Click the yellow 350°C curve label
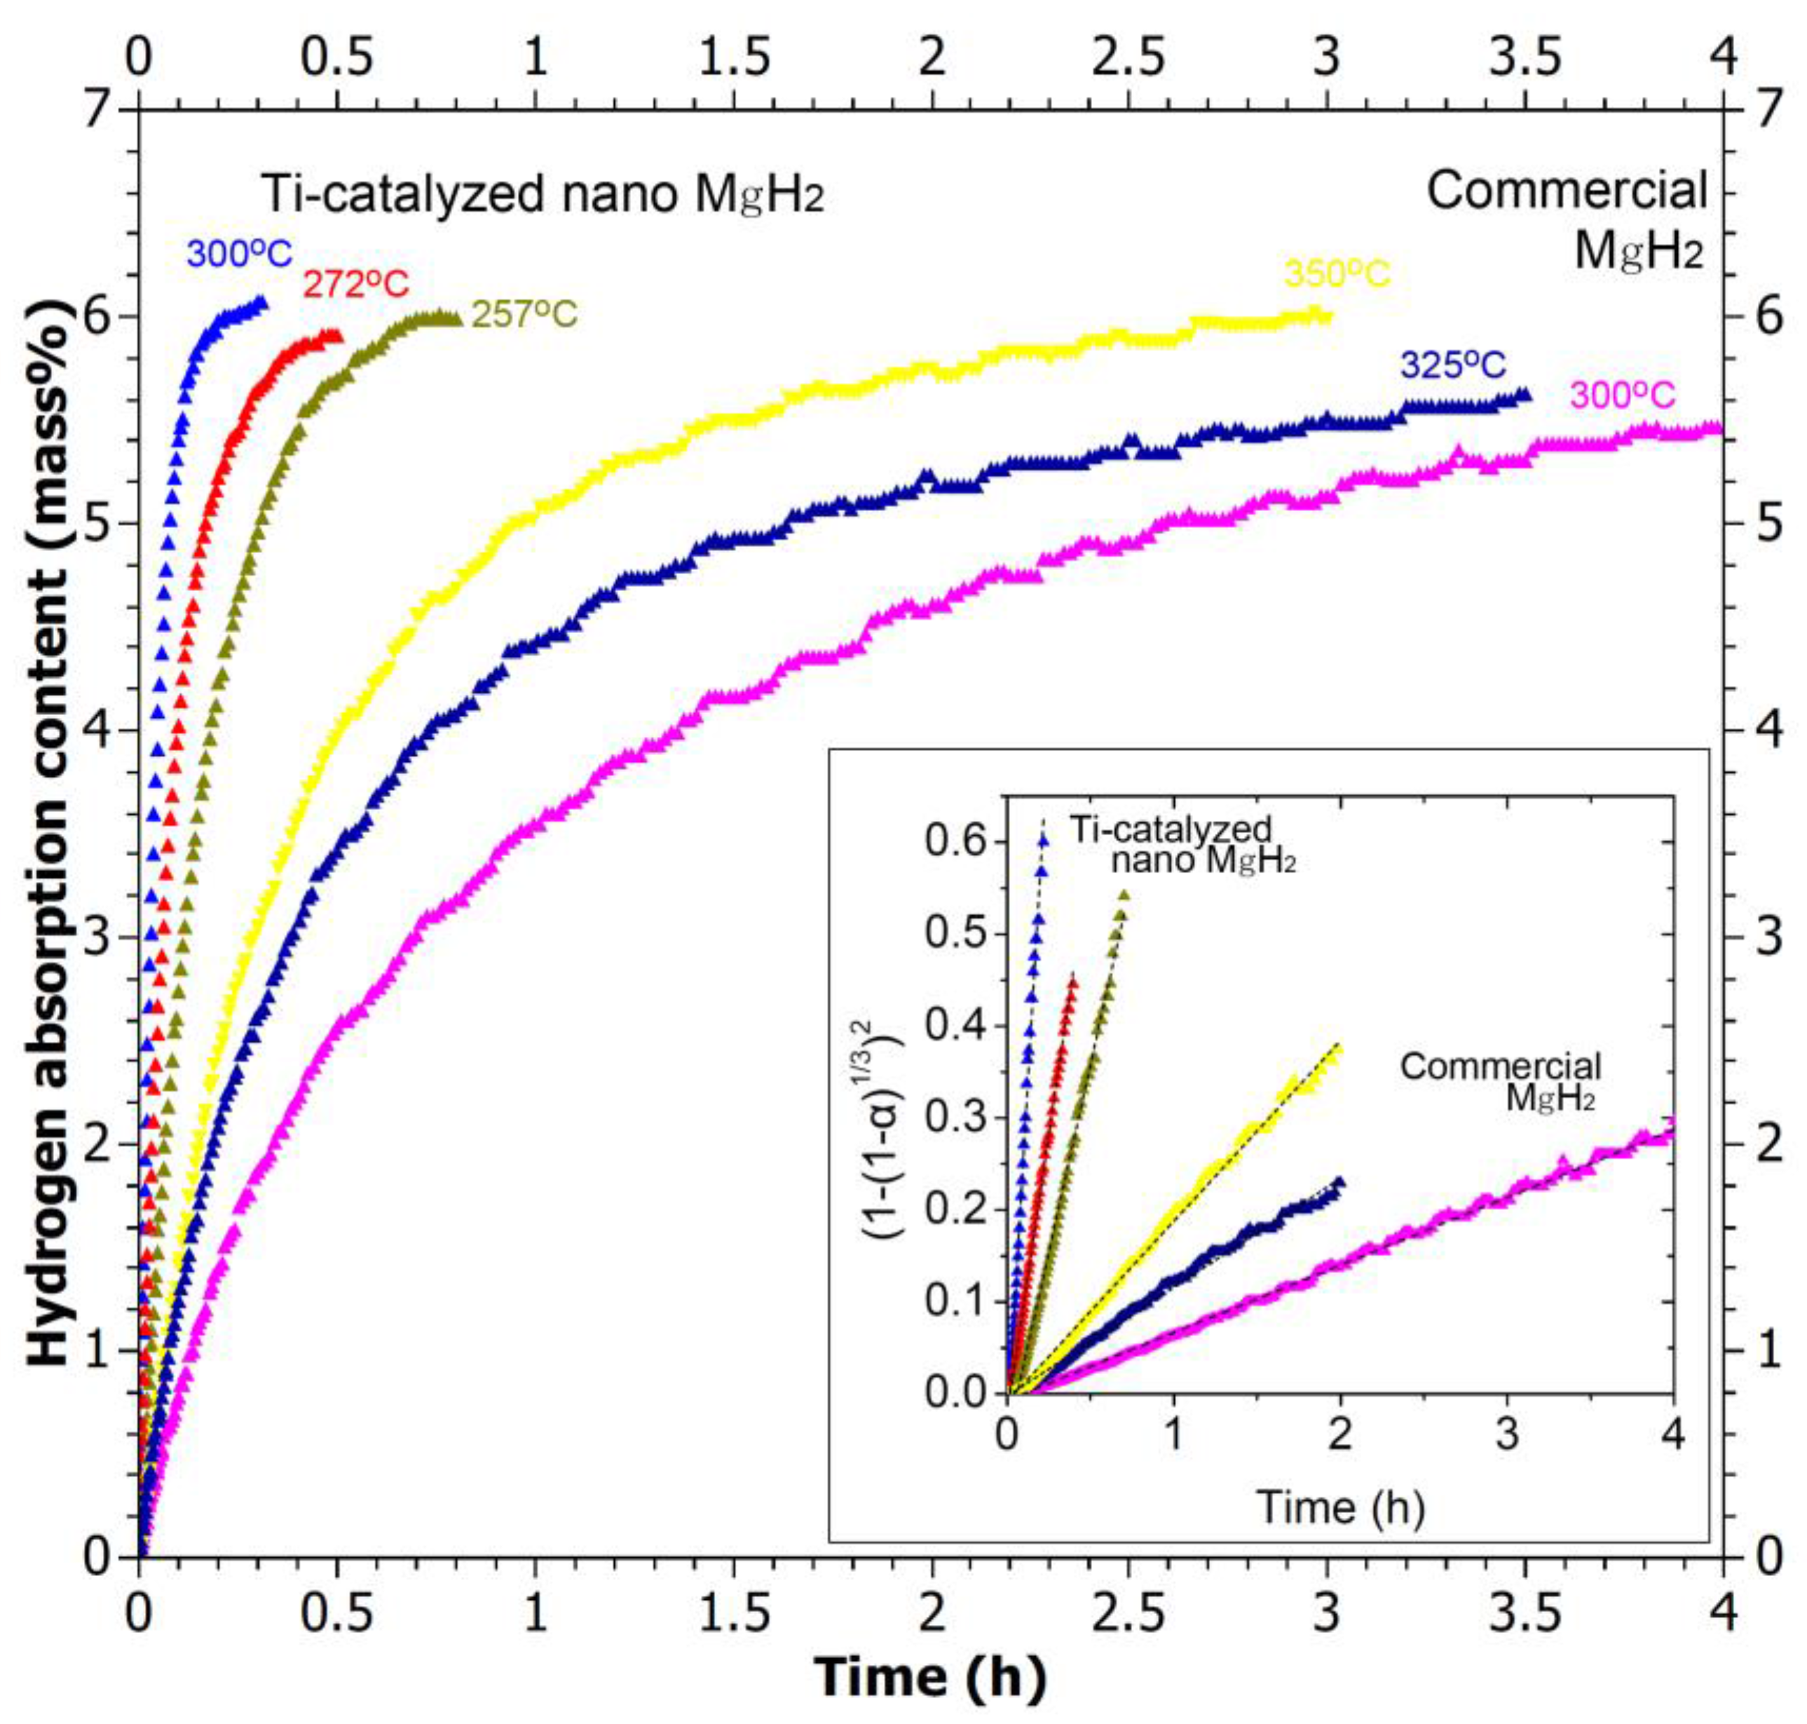click(1337, 274)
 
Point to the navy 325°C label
click(1452, 365)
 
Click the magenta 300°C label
click(1623, 395)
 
